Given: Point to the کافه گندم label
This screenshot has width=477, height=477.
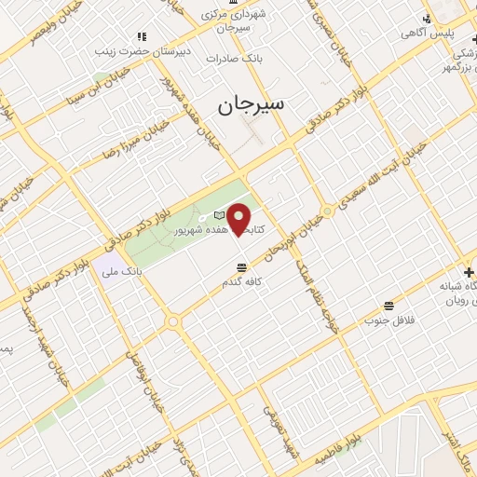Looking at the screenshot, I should [245, 280].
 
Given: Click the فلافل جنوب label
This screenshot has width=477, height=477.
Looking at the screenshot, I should [388, 320].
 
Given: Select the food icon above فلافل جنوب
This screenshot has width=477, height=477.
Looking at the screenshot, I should [388, 305].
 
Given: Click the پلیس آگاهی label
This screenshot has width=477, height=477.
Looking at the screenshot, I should [428, 33].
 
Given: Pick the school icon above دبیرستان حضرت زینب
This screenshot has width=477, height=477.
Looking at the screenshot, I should [141, 36].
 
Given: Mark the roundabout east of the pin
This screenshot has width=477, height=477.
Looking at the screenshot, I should [327, 211].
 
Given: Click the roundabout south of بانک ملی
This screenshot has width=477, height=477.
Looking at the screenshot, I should [172, 321].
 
